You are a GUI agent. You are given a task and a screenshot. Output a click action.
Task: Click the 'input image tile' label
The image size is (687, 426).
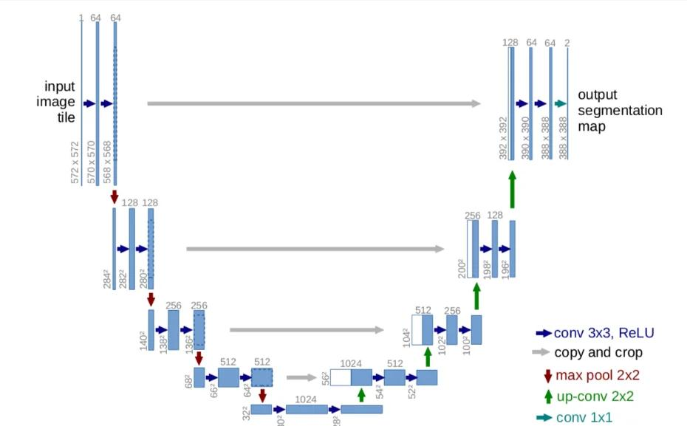tap(55, 102)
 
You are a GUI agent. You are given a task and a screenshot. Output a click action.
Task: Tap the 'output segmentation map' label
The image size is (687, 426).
tap(619, 111)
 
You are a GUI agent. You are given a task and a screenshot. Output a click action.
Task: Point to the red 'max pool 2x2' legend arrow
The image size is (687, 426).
tap(547, 375)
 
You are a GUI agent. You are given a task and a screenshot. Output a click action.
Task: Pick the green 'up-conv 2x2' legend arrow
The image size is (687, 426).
tap(547, 396)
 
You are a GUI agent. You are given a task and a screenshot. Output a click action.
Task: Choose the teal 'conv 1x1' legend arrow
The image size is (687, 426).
tap(544, 418)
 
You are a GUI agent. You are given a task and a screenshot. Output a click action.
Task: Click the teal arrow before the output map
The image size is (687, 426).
tap(560, 104)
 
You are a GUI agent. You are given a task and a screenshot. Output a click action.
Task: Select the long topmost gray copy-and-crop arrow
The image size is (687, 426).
tap(314, 103)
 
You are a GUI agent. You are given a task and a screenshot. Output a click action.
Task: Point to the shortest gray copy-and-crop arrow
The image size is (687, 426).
tap(301, 377)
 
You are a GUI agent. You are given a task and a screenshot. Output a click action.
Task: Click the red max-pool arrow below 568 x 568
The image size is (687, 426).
tap(114, 196)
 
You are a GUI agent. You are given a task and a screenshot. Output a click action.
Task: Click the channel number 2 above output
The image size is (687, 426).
tap(567, 43)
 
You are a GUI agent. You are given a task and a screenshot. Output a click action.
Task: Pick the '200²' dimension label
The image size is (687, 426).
tap(462, 267)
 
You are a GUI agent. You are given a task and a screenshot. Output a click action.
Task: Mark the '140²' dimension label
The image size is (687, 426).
tap(143, 340)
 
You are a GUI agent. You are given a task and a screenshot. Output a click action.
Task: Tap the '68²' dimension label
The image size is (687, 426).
tap(188, 382)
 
